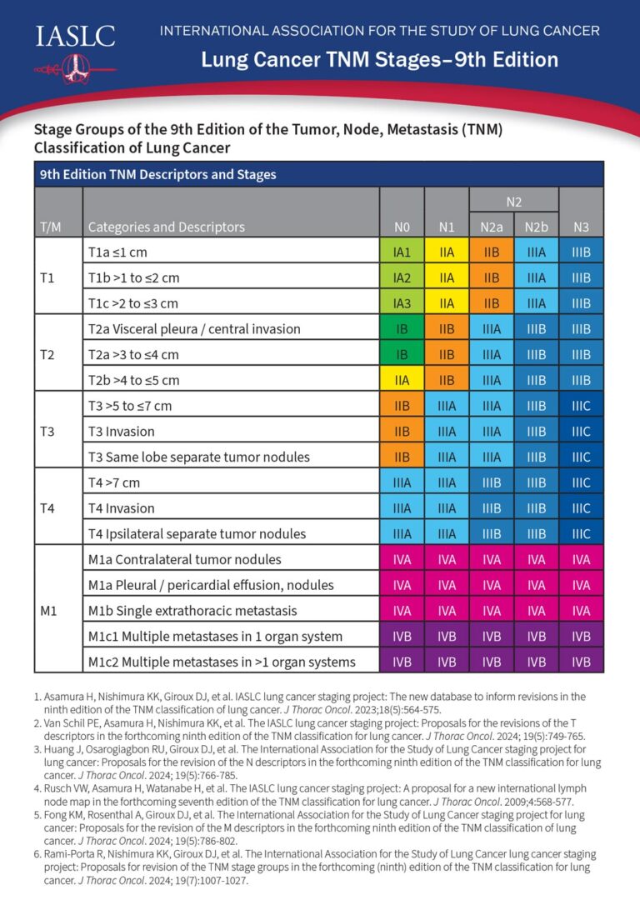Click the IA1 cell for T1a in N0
(x=402, y=251)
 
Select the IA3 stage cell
(x=402, y=302)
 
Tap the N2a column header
(x=492, y=227)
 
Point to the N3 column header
(x=582, y=227)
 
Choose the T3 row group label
(x=48, y=431)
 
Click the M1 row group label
(x=48, y=610)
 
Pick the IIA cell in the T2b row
(x=402, y=380)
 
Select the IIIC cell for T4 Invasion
(x=582, y=508)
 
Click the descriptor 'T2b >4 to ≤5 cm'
(x=133, y=380)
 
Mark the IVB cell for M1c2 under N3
(x=582, y=662)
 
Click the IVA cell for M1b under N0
(x=402, y=611)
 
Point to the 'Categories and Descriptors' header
(x=167, y=227)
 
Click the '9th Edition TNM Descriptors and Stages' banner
(x=158, y=175)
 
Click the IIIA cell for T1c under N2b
(x=537, y=302)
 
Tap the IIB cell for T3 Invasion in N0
(x=402, y=431)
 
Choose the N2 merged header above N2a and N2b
(x=514, y=201)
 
